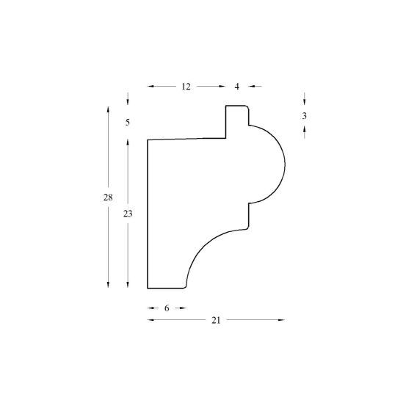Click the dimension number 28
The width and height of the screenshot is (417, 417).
(108, 197)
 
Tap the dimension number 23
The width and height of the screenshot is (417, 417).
(128, 214)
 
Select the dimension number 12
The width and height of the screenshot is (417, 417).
(186, 87)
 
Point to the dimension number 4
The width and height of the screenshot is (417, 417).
(236, 87)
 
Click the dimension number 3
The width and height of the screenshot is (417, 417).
(305, 116)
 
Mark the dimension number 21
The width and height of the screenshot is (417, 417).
(216, 321)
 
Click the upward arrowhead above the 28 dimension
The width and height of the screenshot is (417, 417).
(108, 109)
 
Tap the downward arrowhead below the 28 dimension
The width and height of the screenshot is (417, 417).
(108, 285)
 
